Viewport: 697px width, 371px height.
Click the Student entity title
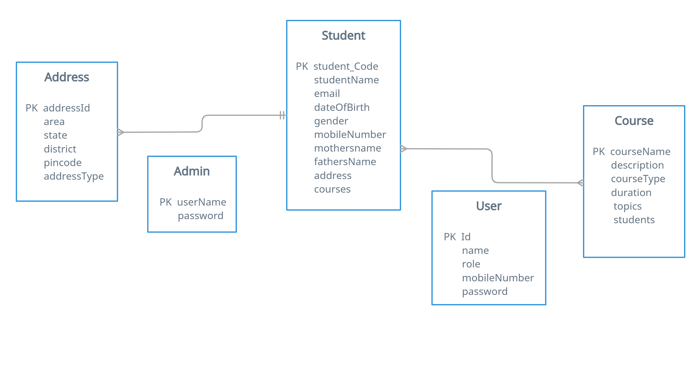[x=343, y=35]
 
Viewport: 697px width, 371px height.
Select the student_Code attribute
[x=345, y=66]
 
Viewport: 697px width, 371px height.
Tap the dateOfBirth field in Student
[x=342, y=107]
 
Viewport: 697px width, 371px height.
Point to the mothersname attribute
[x=347, y=148]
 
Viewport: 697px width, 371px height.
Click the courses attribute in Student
[x=332, y=189]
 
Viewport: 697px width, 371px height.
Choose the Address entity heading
[x=67, y=77]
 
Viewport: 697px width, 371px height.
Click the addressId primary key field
[x=66, y=108]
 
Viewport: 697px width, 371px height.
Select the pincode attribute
[x=63, y=163]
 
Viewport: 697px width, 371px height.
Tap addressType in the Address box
[x=74, y=176]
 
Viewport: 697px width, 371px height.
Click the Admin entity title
[x=192, y=171]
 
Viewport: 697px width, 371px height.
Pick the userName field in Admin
[x=201, y=202]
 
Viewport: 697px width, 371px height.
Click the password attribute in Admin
[x=201, y=216]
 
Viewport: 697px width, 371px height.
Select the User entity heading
[x=489, y=206]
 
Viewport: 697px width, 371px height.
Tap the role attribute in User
[x=471, y=264]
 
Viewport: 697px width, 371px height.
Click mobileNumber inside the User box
[x=498, y=278]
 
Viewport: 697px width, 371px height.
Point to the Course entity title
[x=634, y=121]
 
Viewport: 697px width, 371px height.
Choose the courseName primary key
[x=640, y=152]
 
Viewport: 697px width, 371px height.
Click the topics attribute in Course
[x=627, y=206]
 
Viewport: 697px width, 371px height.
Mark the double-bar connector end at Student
[x=282, y=115]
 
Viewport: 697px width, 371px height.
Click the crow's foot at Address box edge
[x=121, y=132]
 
